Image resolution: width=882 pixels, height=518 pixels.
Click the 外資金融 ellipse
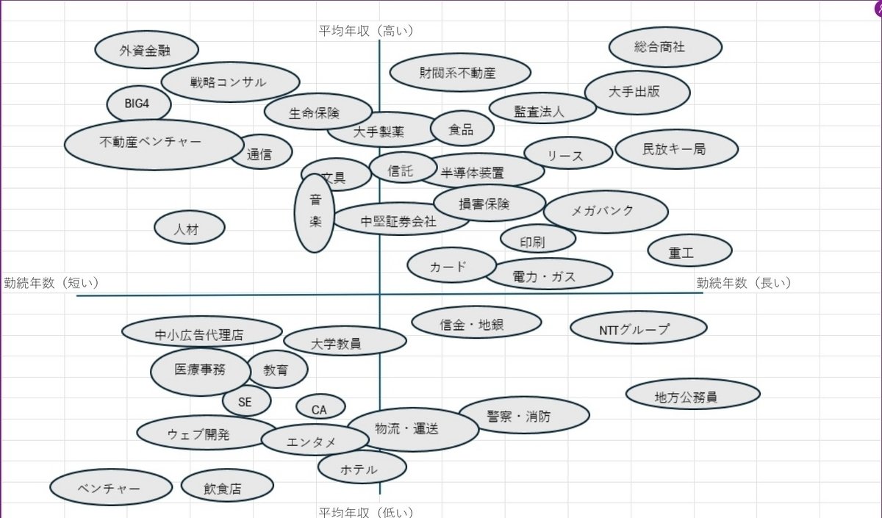click(147, 51)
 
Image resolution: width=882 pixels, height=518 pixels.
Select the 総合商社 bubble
click(665, 47)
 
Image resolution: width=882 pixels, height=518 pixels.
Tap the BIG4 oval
click(138, 104)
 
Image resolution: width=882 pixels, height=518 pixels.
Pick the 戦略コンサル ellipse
click(230, 82)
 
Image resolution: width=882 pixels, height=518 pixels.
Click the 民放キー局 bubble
click(676, 149)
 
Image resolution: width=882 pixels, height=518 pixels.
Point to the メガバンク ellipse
click(606, 212)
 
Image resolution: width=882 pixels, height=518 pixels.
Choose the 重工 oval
click(689, 252)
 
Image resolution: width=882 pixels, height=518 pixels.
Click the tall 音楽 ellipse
click(315, 213)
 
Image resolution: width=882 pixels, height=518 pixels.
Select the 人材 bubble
click(189, 229)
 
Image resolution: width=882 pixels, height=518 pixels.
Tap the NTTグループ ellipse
click(638, 328)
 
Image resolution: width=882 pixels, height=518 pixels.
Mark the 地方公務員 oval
click(692, 394)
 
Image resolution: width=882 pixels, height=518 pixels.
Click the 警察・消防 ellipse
click(523, 416)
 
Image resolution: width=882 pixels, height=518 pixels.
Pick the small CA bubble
click(320, 408)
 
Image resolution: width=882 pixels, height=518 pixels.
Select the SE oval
click(246, 401)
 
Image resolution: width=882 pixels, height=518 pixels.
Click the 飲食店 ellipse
click(227, 486)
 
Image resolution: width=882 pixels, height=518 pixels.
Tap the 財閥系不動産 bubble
click(460, 73)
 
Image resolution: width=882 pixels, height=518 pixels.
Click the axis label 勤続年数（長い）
click(742, 283)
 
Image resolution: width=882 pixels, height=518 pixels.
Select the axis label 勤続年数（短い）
click(51, 283)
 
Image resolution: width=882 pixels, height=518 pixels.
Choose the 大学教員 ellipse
click(345, 341)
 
